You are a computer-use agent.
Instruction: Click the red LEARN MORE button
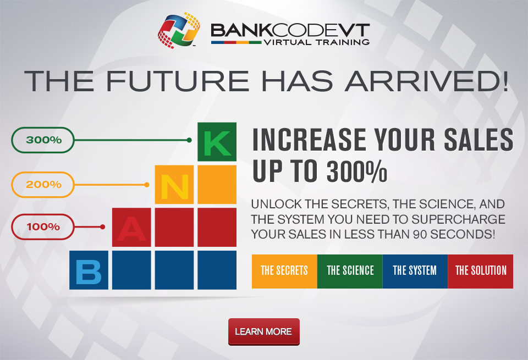click(x=263, y=332)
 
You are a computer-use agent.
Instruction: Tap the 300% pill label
click(x=43, y=140)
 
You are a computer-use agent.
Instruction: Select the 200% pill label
click(x=43, y=184)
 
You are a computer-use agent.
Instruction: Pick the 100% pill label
click(x=43, y=227)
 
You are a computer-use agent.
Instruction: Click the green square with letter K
click(x=217, y=142)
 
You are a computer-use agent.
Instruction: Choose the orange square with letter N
click(x=174, y=184)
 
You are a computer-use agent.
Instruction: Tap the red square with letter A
click(x=131, y=227)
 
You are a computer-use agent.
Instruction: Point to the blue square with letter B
click(x=89, y=270)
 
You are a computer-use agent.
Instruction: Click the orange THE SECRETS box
click(x=284, y=271)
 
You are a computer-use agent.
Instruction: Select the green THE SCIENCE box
click(x=350, y=271)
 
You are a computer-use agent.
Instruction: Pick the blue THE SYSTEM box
click(x=415, y=271)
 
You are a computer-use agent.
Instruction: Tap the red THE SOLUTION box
click(x=481, y=271)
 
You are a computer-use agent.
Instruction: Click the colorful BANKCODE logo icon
click(x=179, y=31)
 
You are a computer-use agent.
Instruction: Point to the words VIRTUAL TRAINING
click(x=317, y=42)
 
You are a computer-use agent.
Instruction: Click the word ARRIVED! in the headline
click(x=426, y=81)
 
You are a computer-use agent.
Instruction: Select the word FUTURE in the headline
click(x=178, y=81)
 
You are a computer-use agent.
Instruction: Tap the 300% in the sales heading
click(x=357, y=171)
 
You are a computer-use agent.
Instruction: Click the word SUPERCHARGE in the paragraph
click(x=458, y=219)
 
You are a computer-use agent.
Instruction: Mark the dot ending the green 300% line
click(x=189, y=140)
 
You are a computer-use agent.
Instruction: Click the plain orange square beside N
click(x=217, y=184)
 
